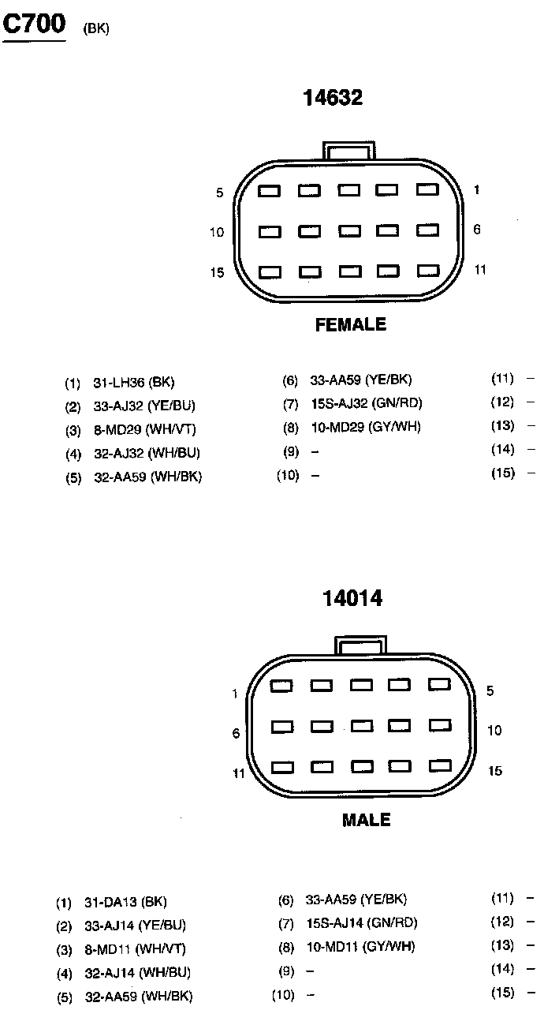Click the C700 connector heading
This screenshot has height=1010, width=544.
coord(35,26)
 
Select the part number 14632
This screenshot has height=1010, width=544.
coord(333,97)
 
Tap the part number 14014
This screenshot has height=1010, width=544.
coord(352,598)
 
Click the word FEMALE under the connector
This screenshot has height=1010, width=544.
coord(351,324)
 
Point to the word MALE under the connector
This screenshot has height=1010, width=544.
coord(366,821)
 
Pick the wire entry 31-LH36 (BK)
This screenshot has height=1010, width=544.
coord(133,383)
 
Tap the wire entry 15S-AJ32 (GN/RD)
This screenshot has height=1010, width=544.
coord(366,403)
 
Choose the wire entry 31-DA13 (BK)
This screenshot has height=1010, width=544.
coord(125,903)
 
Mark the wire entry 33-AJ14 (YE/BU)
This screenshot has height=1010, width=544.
coord(135,926)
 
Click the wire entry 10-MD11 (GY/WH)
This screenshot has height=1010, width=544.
coord(360,946)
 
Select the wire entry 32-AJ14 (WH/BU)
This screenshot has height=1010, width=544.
coord(137,973)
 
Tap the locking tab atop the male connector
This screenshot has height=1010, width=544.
coord(361,645)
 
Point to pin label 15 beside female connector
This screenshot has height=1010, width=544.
coord(217,272)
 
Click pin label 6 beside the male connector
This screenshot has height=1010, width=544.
coord(236,733)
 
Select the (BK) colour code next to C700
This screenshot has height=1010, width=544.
coord(95,29)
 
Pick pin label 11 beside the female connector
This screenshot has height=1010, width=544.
coord(480,269)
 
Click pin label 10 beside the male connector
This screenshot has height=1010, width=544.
coord(494,731)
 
